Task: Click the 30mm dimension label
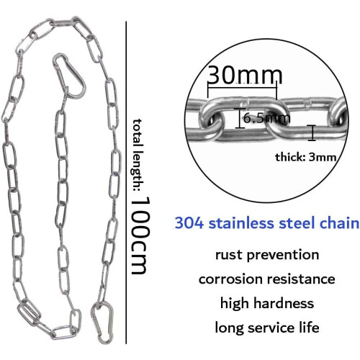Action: [245, 75]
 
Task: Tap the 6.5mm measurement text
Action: [267, 118]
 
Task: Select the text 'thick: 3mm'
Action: [305, 158]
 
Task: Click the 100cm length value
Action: [140, 235]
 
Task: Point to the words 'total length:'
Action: [139, 155]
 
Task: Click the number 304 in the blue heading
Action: [189, 223]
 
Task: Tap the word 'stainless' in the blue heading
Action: [241, 223]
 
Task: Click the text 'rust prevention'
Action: [267, 255]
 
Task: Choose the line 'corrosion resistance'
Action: [267, 279]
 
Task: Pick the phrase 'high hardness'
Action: [267, 303]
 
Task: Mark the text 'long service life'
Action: [267, 328]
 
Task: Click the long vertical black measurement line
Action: [126, 182]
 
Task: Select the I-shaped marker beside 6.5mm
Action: [240, 118]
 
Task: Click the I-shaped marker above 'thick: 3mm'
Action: [312, 132]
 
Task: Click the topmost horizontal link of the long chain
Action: [63, 23]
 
